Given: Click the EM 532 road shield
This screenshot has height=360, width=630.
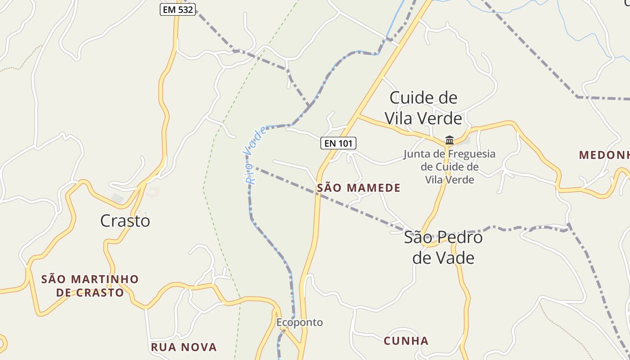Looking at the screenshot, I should tap(178, 9).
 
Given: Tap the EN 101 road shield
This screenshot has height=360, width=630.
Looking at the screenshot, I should tap(338, 143).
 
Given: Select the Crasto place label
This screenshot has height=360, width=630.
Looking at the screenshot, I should tap(125, 221).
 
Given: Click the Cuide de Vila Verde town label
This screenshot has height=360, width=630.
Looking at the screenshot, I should tap(423, 108).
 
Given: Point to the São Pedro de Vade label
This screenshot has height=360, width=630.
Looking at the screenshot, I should tap(443, 247).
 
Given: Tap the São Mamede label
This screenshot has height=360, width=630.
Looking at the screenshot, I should tap(359, 188).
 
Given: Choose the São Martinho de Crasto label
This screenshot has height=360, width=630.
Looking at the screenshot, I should tap(90, 286).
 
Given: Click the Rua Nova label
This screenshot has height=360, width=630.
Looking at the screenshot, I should tap(184, 347).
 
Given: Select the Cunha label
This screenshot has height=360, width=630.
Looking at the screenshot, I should tap(406, 341).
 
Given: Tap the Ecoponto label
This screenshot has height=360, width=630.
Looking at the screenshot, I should tap(300, 323).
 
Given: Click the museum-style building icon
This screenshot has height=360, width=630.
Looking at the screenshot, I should tap(449, 140).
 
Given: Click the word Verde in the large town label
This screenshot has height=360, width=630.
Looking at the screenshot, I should tap(439, 118).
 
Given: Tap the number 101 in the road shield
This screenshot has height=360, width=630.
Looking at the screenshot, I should tap(345, 143).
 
